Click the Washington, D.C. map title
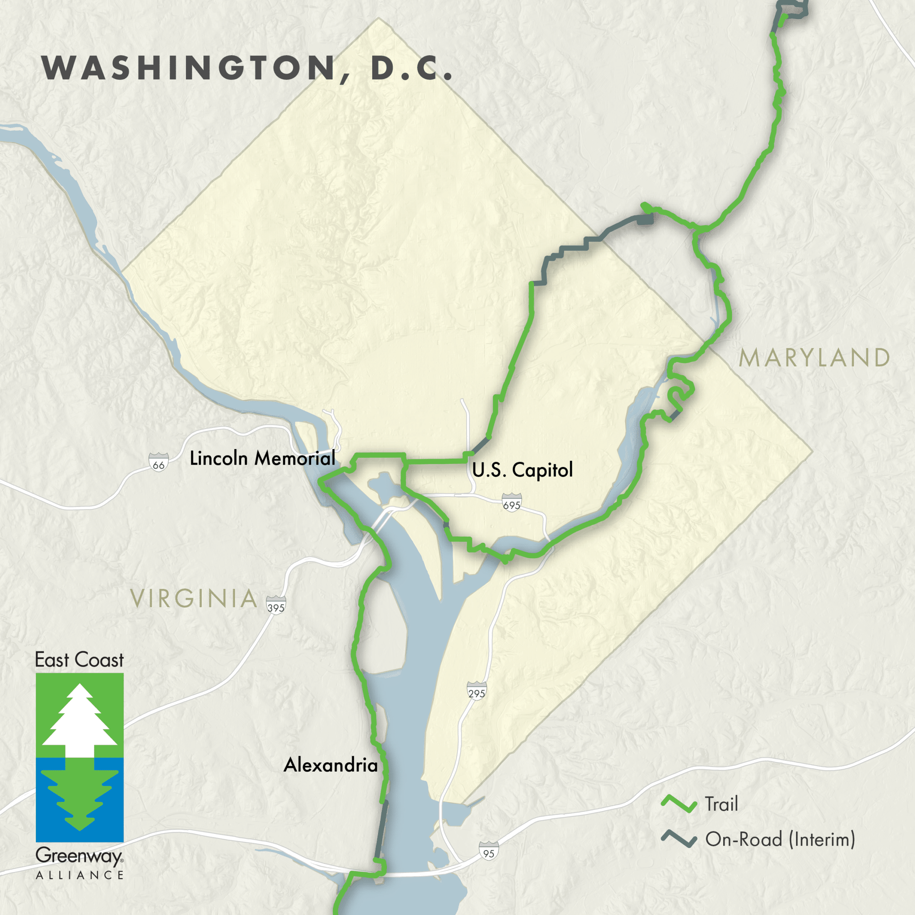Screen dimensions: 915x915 tap(247, 68)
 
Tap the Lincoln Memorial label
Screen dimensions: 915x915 tap(262, 458)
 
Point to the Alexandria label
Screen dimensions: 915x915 tap(331, 765)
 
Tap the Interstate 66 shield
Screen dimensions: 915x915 tap(158, 462)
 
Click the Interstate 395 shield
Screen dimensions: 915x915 tap(276, 605)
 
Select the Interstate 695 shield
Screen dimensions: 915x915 tap(512, 502)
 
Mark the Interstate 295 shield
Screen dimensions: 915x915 tap(477, 691)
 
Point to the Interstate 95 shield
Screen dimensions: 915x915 tap(488, 851)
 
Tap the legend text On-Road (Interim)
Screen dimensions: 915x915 tap(780, 839)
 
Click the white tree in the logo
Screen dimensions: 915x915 tap(79, 720)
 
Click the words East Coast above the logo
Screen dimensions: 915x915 tap(79, 660)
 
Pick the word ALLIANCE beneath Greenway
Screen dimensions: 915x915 tap(79, 875)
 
